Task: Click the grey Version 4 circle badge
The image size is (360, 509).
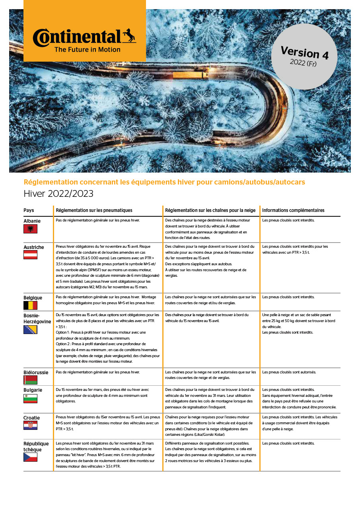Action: (304, 56)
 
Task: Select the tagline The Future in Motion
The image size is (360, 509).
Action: (87, 50)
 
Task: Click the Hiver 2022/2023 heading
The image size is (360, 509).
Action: (58, 194)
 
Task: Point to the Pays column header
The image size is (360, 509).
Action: (29, 210)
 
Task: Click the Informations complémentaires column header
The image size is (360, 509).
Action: (293, 210)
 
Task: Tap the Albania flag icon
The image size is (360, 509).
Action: (30, 229)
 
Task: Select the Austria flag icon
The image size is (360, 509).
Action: (30, 254)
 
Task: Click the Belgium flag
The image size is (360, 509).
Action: (30, 305)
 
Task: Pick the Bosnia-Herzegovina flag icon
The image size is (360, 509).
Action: (30, 330)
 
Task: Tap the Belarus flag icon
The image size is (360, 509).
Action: (30, 380)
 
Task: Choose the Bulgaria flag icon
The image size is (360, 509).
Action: (30, 398)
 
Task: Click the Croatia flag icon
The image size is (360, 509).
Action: (30, 425)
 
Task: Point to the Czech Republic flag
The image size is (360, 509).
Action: (30, 457)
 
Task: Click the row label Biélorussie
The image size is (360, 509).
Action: (36, 373)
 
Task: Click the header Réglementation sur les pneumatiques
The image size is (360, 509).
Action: (94, 210)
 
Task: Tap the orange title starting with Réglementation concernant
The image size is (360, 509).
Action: (164, 182)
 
